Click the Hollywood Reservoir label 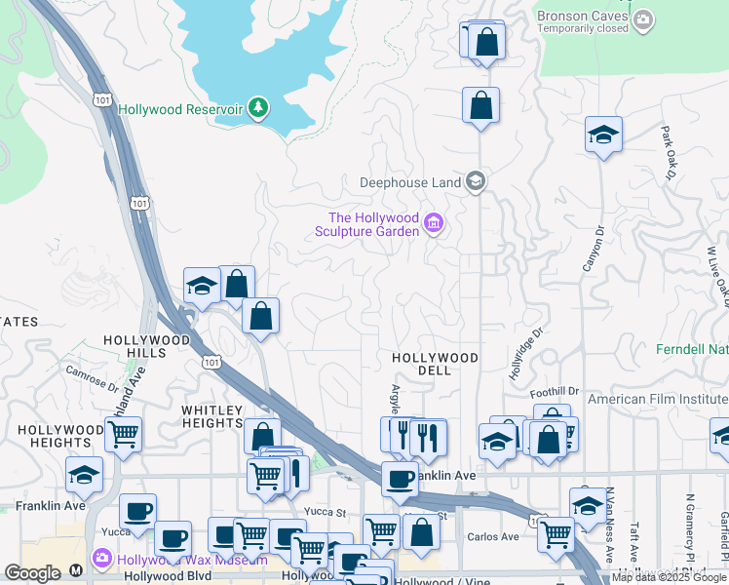[179, 109]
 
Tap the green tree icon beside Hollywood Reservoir [258, 107]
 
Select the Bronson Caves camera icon [642, 19]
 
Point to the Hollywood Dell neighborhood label [435, 365]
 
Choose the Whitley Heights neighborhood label [211, 417]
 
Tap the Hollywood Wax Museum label [193, 560]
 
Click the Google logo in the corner [32, 574]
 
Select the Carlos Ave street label [494, 536]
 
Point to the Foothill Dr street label [555, 392]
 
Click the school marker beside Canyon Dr [603, 135]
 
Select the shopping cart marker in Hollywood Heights [123, 434]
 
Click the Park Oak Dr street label [669, 152]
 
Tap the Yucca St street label [327, 511]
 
